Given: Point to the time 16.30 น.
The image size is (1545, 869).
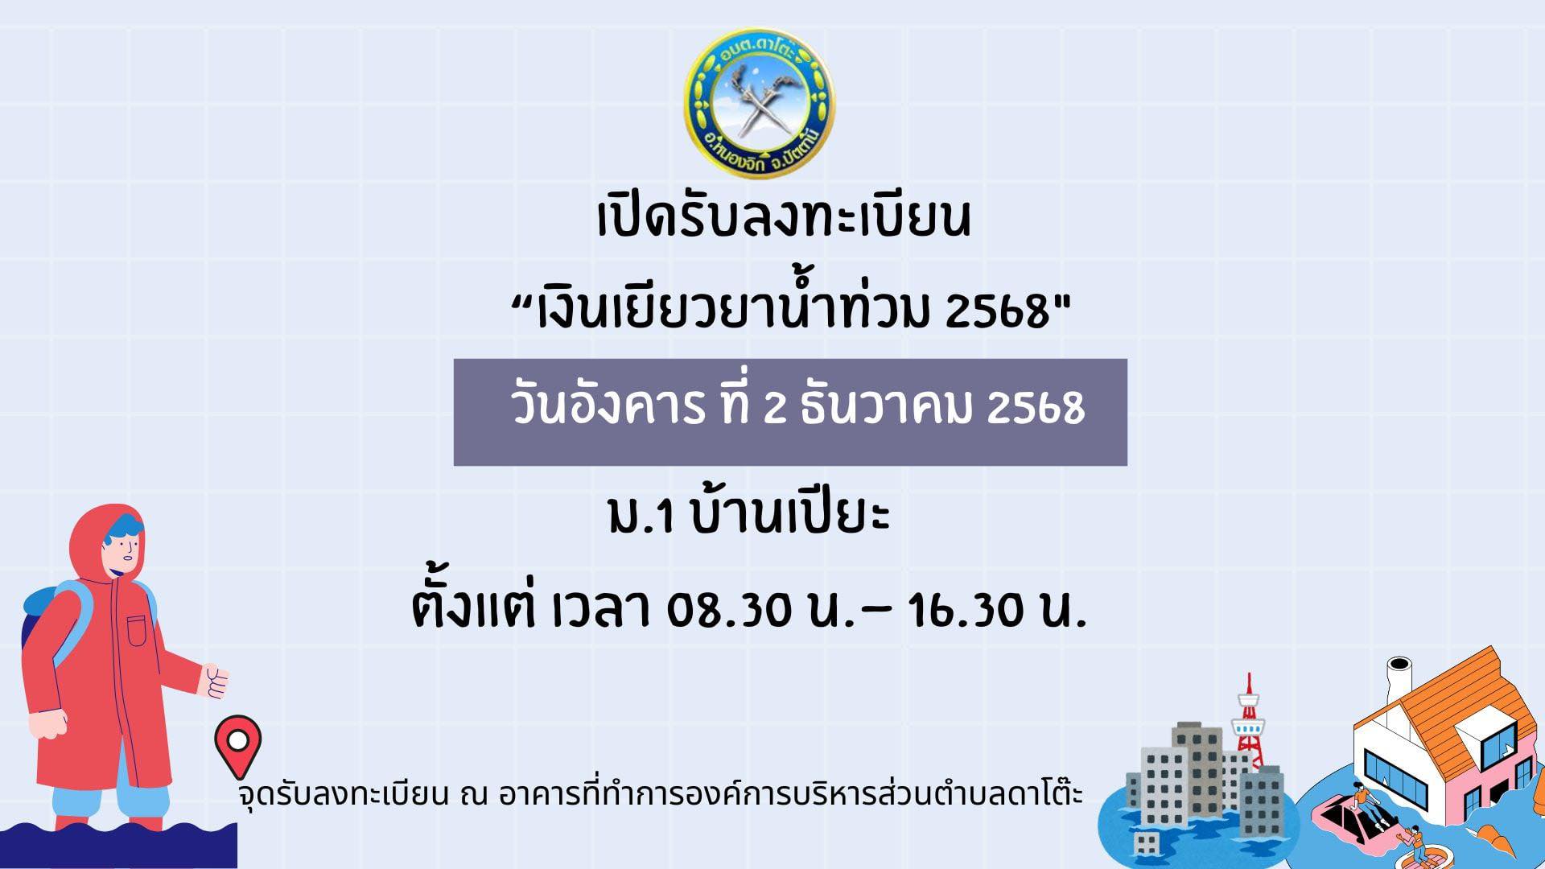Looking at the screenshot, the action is (997, 612).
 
